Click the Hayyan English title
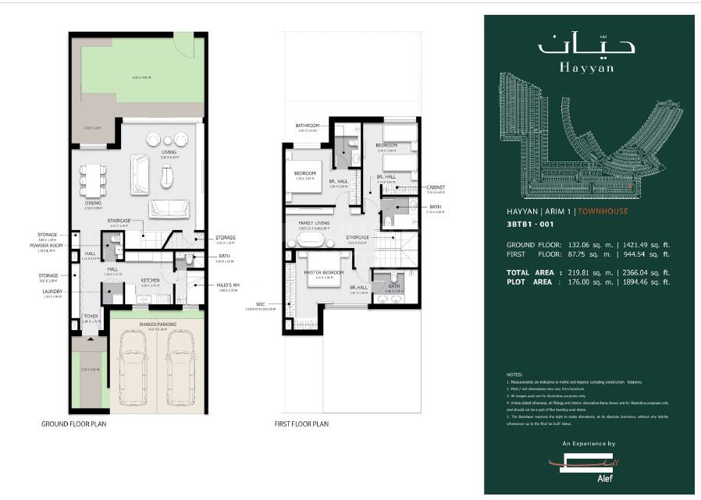pos(586,67)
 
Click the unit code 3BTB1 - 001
pos(532,227)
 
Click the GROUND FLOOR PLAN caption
pos(74,424)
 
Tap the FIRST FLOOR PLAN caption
pos(301,424)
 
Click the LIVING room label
pos(169,152)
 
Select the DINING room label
pos(94,203)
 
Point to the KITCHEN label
pos(150,280)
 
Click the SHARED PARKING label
pos(157,324)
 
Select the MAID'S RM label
pos(228,285)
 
